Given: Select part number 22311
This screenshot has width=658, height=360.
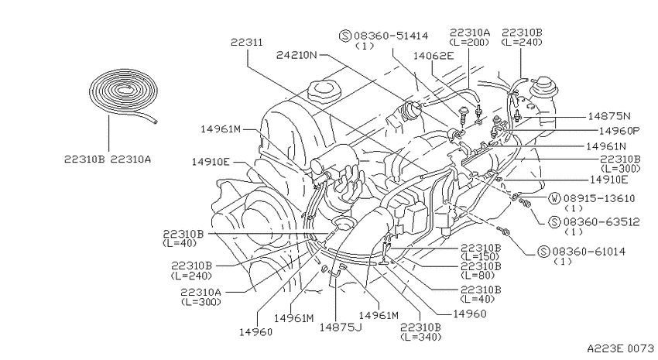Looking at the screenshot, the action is click(x=247, y=43).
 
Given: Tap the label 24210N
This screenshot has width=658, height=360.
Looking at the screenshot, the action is click(x=296, y=55).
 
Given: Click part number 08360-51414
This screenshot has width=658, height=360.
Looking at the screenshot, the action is click(x=391, y=36).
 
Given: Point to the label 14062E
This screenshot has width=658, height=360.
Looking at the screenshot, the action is click(x=434, y=56).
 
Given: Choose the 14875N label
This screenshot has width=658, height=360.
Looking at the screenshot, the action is click(x=609, y=116).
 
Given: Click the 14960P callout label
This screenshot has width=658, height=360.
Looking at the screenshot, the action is click(x=619, y=131).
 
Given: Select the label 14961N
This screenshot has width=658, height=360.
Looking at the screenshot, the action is click(x=606, y=146).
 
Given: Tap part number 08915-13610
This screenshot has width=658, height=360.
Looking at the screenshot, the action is click(x=599, y=198).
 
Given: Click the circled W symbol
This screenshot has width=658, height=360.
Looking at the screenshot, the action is click(x=555, y=198).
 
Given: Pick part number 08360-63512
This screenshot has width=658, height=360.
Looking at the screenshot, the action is click(x=601, y=221).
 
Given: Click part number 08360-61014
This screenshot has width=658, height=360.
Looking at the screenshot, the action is click(x=589, y=252).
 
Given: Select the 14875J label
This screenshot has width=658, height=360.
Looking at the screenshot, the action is click(x=341, y=327).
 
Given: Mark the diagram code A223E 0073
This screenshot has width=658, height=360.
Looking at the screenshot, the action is click(x=620, y=348).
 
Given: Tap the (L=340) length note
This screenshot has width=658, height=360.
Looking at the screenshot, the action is click(x=421, y=337).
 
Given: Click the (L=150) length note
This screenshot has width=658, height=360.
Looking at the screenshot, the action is click(x=480, y=256).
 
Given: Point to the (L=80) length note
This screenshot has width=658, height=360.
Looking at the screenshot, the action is click(x=478, y=276).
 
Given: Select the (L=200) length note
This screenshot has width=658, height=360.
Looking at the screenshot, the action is click(x=469, y=42).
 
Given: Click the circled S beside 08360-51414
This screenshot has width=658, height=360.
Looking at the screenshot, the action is click(x=345, y=36).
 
